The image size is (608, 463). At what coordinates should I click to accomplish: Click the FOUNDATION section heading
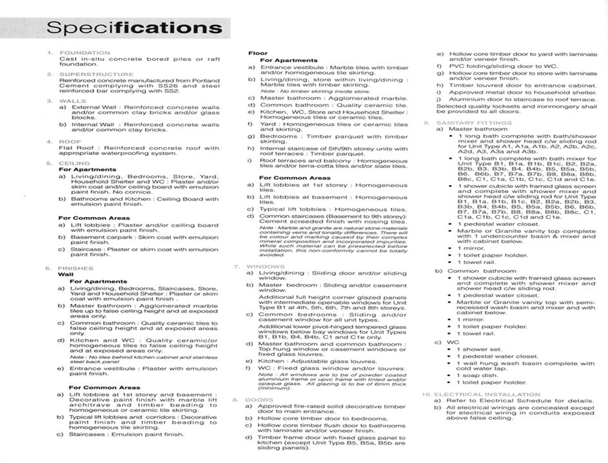click(84, 53)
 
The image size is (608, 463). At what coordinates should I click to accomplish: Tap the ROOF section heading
click(70, 141)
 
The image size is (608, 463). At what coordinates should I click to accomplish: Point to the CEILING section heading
click(75, 163)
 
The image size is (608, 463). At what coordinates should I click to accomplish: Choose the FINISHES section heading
click(75, 268)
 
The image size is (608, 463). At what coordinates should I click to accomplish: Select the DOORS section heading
click(260, 400)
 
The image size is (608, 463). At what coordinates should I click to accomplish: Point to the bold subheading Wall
click(66, 274)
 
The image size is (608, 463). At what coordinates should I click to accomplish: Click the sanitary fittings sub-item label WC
click(453, 342)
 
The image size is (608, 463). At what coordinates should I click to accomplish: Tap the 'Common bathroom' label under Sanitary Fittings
click(478, 271)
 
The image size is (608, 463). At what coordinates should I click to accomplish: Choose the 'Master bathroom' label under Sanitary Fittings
click(478, 129)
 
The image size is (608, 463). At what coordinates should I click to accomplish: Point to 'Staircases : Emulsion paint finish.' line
click(127, 435)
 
